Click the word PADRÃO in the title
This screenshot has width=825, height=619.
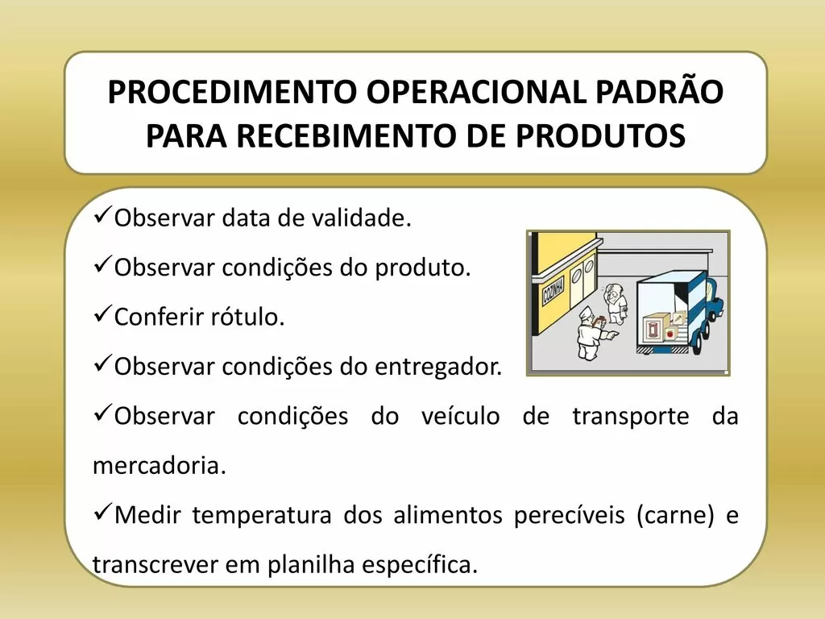coord(660,91)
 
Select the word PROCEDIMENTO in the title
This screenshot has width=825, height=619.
coord(232,92)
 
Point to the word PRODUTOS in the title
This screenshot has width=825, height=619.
coord(600,135)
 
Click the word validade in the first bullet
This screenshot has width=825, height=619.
coord(362,218)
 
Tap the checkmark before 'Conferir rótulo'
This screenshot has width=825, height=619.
coord(102,314)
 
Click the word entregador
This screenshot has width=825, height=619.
coord(437,367)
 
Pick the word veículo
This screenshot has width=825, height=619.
coord(460,416)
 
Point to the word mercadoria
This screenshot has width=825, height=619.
coord(160,465)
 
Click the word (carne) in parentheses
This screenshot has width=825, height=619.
coord(676,515)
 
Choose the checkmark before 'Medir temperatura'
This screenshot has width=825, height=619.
coord(102,512)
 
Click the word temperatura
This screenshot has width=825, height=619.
coord(262,515)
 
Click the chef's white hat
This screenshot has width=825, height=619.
coord(586,313)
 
